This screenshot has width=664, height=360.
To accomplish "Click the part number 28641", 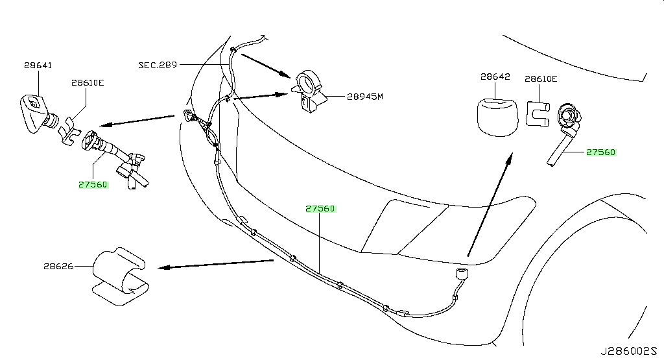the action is [38, 66].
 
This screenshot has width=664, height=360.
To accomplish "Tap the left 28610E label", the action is [88, 82].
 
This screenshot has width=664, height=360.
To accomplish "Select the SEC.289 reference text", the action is [158, 66].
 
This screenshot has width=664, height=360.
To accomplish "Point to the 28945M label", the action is [364, 97].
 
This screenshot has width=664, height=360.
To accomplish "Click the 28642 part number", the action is [495, 77].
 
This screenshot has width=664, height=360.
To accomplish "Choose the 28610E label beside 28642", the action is [541, 78].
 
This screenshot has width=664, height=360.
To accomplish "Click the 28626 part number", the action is [58, 267].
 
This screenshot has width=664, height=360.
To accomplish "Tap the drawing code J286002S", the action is [628, 351].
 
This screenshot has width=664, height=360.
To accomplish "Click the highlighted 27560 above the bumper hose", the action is [320, 208].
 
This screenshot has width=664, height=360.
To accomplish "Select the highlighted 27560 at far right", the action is [601, 152].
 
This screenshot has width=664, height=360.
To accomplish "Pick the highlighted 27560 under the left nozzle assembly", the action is [93, 185].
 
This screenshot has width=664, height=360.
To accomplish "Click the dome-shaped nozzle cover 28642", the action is [497, 117].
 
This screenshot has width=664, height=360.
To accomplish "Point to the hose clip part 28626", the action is [120, 276].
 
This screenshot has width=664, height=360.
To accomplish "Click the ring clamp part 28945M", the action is [309, 91].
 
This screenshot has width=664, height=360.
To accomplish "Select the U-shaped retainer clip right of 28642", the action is [538, 114].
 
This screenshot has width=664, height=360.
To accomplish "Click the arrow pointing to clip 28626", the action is [215, 264].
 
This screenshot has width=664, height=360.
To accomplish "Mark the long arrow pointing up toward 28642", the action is [490, 204].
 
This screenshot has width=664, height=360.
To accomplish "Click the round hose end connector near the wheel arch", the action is [462, 274].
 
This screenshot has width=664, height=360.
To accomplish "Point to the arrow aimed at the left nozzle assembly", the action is [137, 120].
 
